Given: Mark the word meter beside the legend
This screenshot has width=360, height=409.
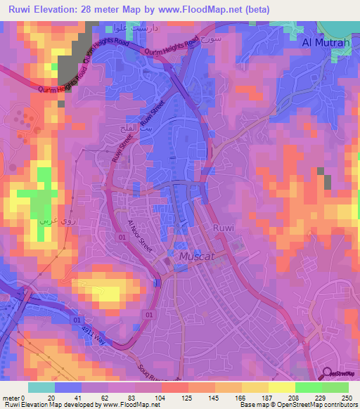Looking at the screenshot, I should (x=11, y=397).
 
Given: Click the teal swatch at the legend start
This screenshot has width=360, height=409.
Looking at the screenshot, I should (x=41, y=387).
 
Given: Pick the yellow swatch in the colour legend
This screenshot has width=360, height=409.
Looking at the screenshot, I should (x=281, y=387).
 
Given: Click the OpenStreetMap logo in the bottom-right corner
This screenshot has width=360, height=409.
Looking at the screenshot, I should (x=339, y=373).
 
